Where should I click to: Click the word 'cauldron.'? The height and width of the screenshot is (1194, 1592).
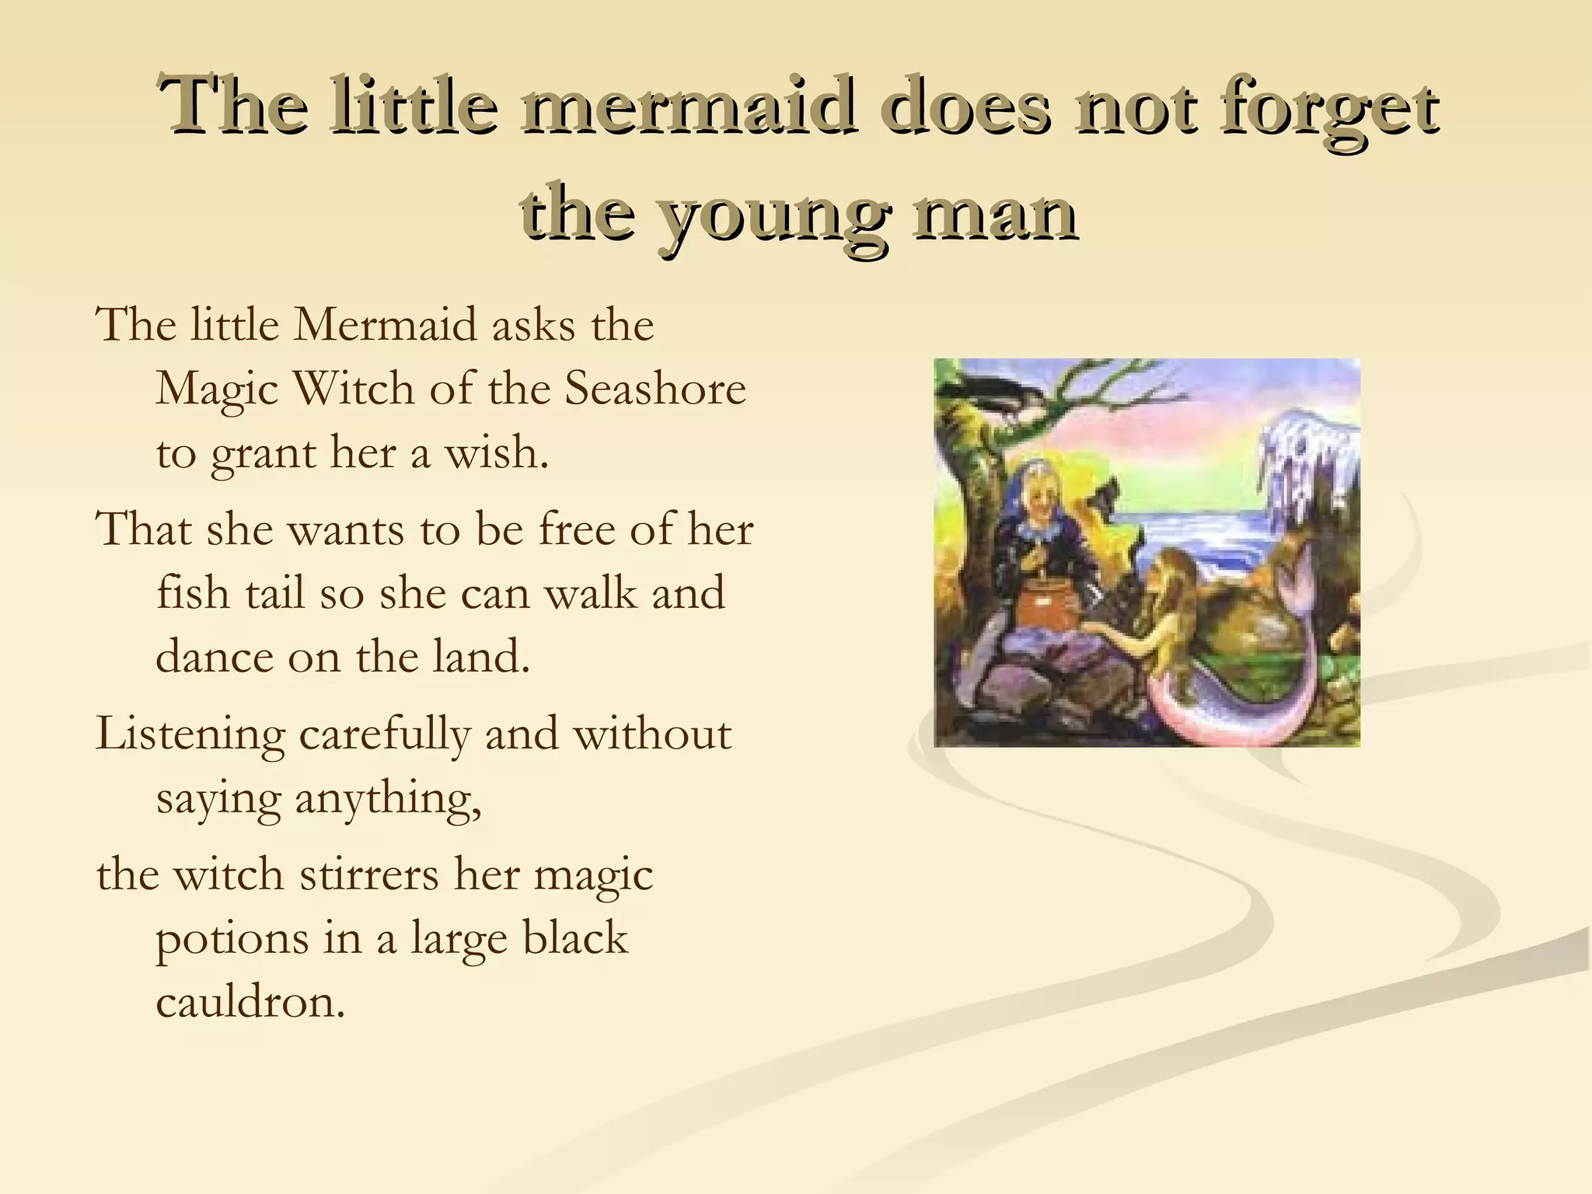(x=250, y=1002)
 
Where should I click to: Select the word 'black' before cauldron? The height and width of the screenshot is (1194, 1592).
(x=574, y=937)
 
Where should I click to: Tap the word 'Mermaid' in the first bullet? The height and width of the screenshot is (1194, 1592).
(x=384, y=324)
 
